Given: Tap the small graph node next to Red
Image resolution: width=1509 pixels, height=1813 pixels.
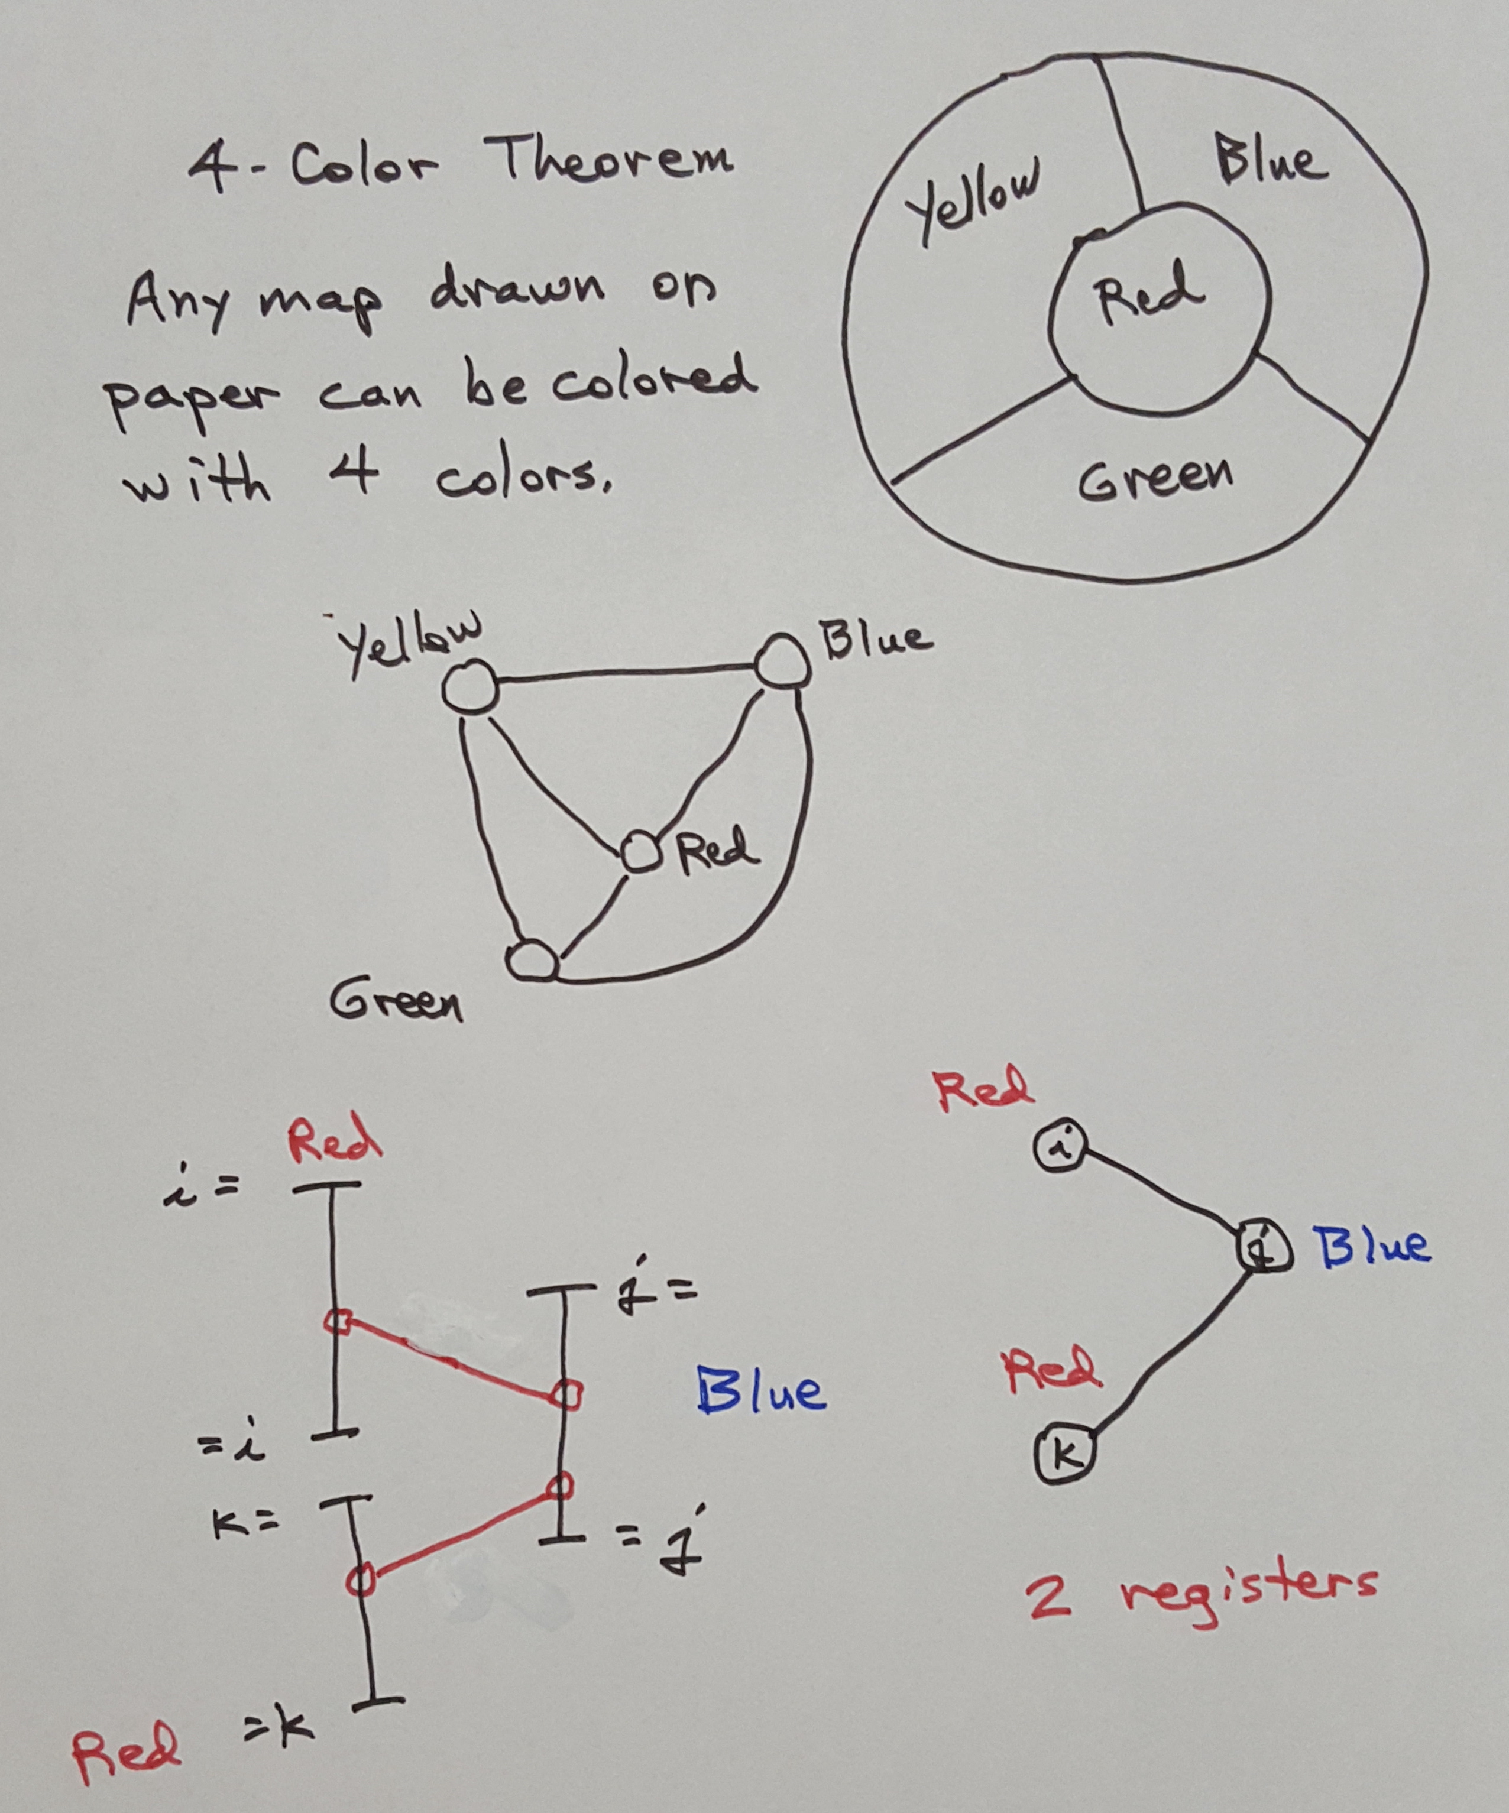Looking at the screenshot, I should coord(641,851).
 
